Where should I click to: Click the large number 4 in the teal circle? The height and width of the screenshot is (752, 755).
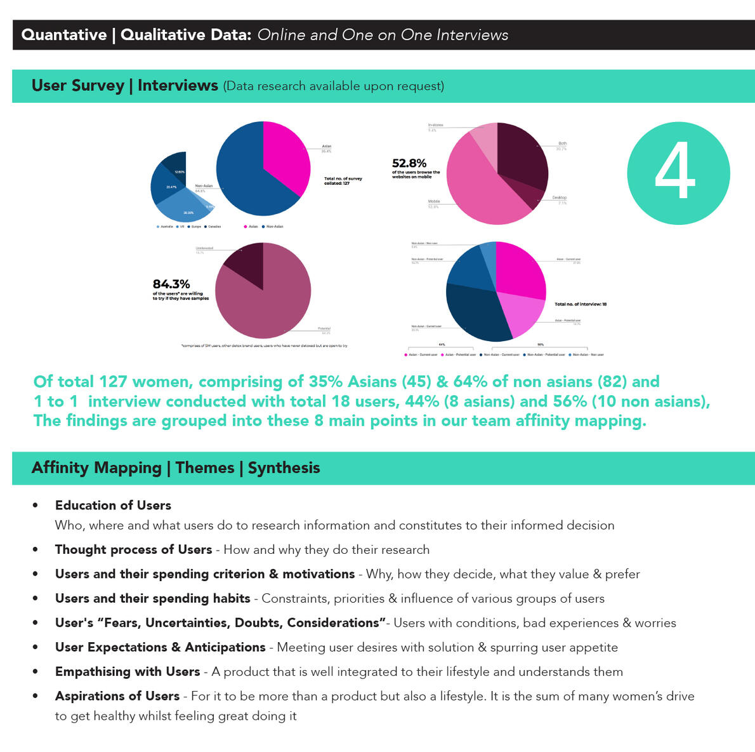(676, 171)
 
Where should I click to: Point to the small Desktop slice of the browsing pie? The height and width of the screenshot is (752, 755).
(536, 199)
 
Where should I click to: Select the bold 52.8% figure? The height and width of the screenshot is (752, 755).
(409, 163)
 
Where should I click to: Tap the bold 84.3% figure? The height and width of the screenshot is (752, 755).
(171, 284)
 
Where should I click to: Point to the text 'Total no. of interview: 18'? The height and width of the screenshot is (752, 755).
(581, 304)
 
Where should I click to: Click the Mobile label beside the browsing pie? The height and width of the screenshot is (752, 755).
(434, 201)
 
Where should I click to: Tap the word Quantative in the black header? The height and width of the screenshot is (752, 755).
(64, 35)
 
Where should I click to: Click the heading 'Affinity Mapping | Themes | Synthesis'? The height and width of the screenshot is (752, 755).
(176, 468)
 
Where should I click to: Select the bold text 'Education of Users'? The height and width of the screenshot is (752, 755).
(113, 506)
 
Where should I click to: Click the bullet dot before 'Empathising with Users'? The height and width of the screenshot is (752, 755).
(36, 672)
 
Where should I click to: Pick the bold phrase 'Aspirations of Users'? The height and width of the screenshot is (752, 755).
(117, 696)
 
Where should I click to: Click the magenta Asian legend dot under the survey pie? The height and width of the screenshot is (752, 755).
(246, 227)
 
